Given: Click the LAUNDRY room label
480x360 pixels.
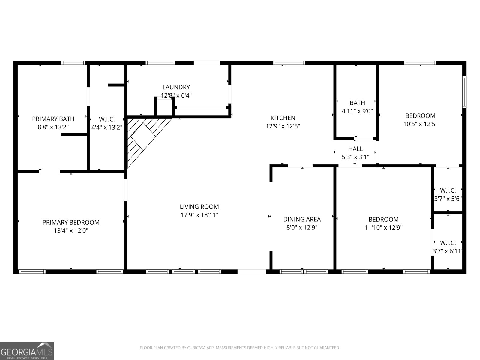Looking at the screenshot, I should click(176, 87).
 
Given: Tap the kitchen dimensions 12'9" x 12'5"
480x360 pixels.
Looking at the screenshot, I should click(283, 126).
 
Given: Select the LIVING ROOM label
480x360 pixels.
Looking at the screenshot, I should click(199, 207).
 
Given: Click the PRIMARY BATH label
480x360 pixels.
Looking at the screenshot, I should click(53, 119).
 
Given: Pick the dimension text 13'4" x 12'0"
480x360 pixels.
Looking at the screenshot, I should click(71, 231).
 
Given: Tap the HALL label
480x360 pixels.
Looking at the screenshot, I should click(355, 148).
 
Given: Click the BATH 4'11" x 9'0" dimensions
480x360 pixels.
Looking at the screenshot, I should click(357, 111).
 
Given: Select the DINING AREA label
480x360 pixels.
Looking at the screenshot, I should click(302, 219).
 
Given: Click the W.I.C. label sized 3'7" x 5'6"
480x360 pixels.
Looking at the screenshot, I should click(448, 190).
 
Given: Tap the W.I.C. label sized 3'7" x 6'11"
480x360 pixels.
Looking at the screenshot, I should click(448, 243).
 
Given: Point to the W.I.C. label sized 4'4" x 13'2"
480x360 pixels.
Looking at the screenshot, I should click(107, 119).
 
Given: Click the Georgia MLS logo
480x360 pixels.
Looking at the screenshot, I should click(27, 351).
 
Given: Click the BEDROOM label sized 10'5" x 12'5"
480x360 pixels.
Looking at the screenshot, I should click(420, 116).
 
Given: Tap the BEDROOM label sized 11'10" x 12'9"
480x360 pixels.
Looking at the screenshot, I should click(383, 219).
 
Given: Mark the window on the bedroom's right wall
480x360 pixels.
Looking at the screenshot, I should click(464, 92).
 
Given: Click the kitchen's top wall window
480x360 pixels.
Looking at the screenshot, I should click(289, 63).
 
